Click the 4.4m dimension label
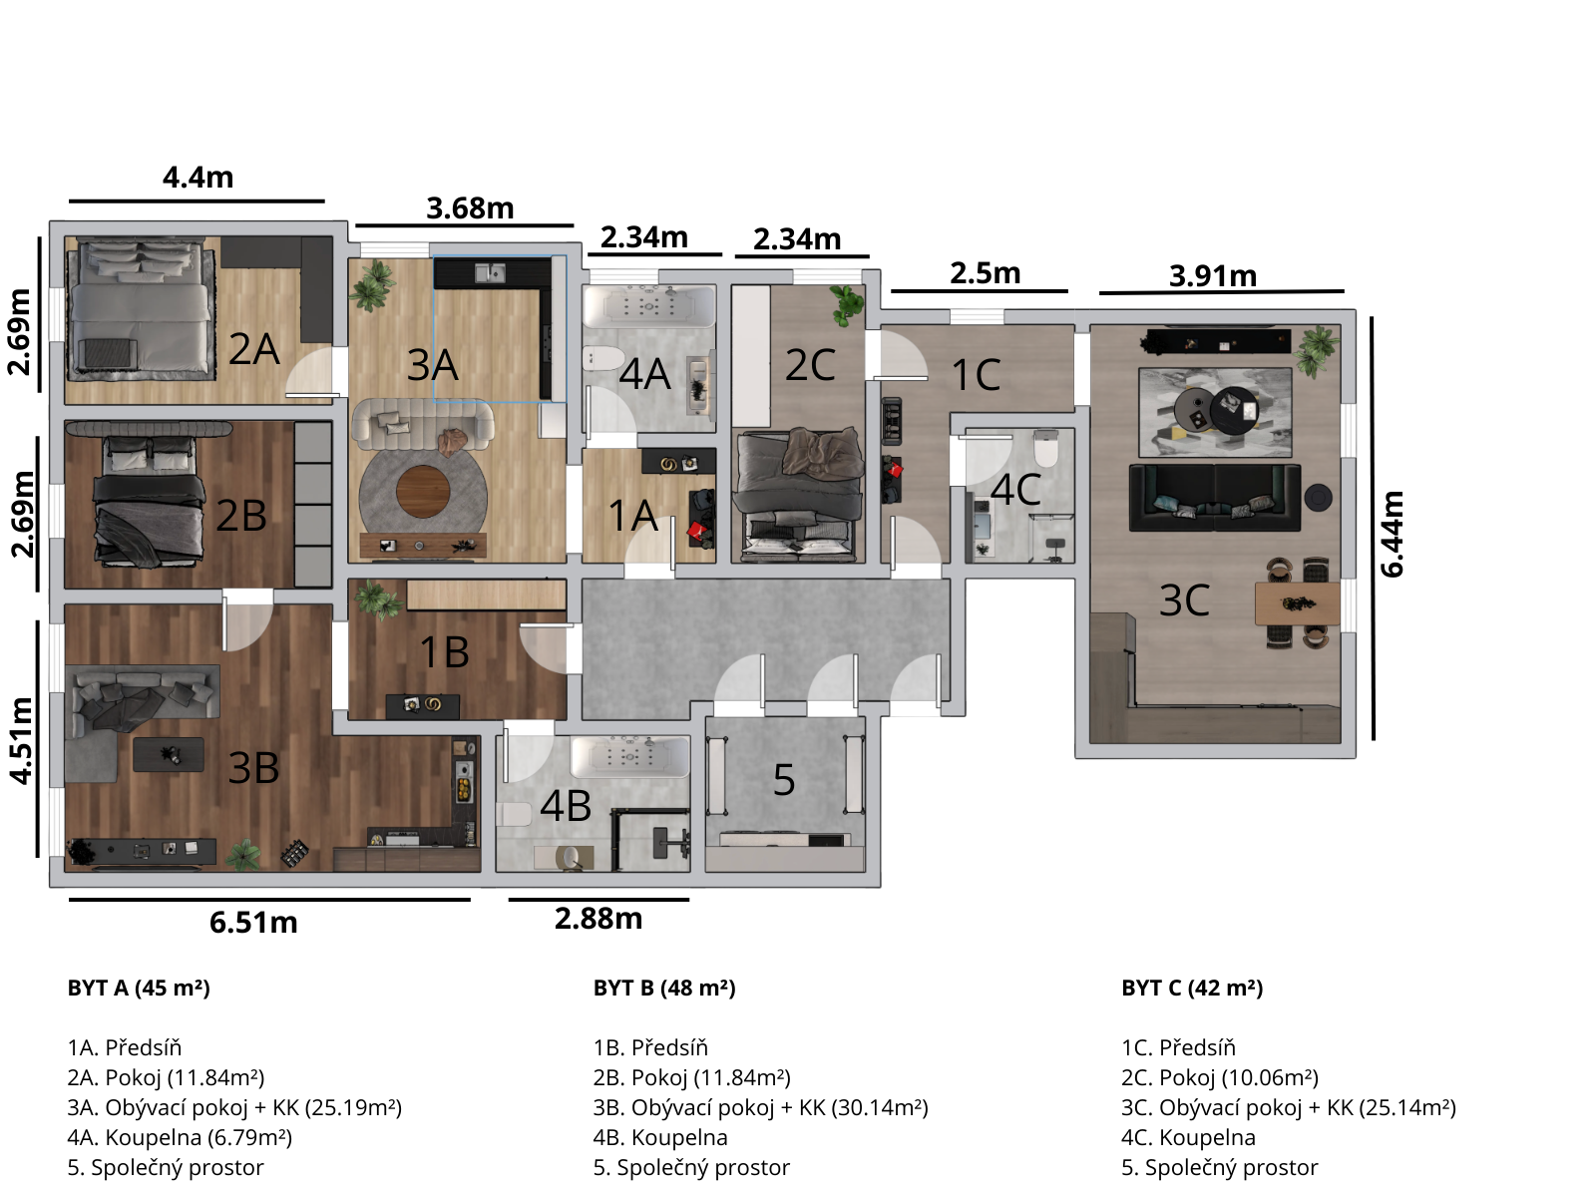[x=198, y=178]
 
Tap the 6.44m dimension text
[x=1392, y=535]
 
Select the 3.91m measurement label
[x=1213, y=276]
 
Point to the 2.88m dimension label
[x=598, y=919]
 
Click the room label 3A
[x=433, y=365]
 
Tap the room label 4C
[x=1015, y=489]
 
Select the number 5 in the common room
[x=784, y=780]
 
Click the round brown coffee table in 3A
[x=423, y=492]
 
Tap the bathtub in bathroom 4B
[x=629, y=757]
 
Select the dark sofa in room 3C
[x=1214, y=498]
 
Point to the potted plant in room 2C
[x=846, y=304]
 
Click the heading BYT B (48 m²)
[x=664, y=989]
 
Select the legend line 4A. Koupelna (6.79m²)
[x=180, y=1137]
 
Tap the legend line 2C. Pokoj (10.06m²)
[x=1220, y=1078]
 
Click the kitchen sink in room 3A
[x=490, y=273]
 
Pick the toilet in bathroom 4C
[x=1046, y=448]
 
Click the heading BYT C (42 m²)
[x=1192, y=989]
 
